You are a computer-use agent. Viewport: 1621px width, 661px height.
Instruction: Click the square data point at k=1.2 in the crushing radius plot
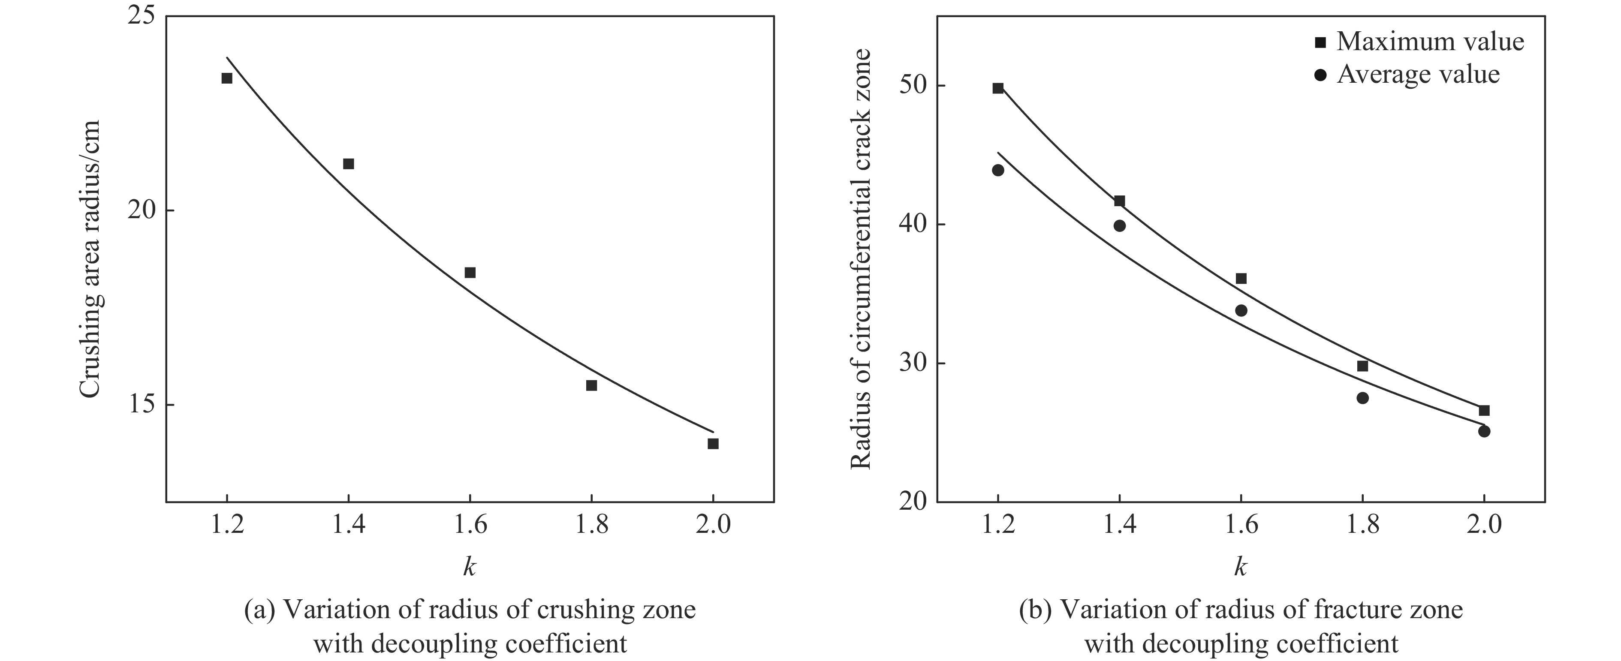[226, 78]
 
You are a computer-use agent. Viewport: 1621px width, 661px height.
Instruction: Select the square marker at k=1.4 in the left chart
[348, 163]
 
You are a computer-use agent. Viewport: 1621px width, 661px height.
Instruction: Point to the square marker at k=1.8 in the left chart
[591, 385]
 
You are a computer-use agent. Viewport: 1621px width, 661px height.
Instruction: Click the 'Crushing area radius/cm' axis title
[90, 259]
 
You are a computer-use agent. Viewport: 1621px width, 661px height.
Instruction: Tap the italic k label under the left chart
[469, 567]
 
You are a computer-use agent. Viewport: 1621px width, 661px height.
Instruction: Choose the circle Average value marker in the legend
[1320, 75]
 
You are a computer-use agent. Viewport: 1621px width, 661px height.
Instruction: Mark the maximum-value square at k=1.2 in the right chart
[997, 88]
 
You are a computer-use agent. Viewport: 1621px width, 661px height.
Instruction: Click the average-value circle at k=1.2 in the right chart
[997, 170]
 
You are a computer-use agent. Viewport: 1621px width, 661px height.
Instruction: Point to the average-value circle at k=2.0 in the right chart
[1483, 431]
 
